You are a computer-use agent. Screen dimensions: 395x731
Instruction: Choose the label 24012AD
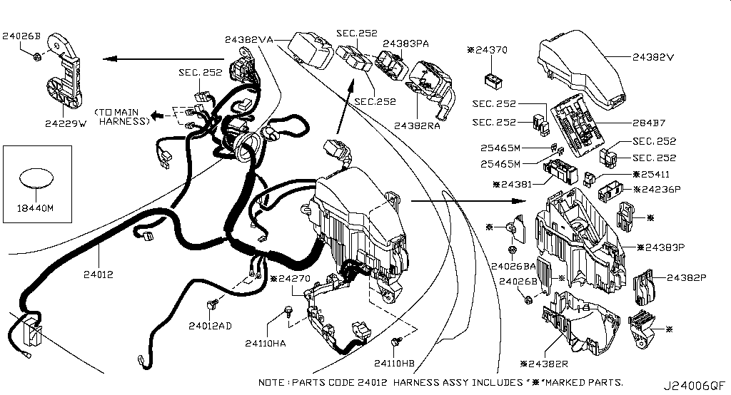209,326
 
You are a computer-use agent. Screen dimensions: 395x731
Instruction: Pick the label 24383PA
405,43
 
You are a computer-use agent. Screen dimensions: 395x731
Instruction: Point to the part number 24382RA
416,125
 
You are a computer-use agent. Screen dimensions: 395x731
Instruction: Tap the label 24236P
657,190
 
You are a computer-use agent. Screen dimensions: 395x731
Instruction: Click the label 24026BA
513,267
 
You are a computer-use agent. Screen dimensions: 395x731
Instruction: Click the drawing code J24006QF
698,386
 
